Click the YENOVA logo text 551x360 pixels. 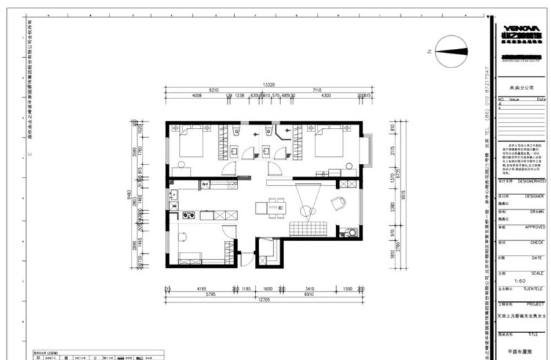point(523,29)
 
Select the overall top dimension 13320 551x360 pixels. point(269,85)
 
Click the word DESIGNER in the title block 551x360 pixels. point(534,195)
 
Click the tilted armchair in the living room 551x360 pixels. point(338,203)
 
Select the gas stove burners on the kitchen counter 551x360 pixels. point(187,216)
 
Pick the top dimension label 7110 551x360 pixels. point(317,89)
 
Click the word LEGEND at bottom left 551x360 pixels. point(54,352)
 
